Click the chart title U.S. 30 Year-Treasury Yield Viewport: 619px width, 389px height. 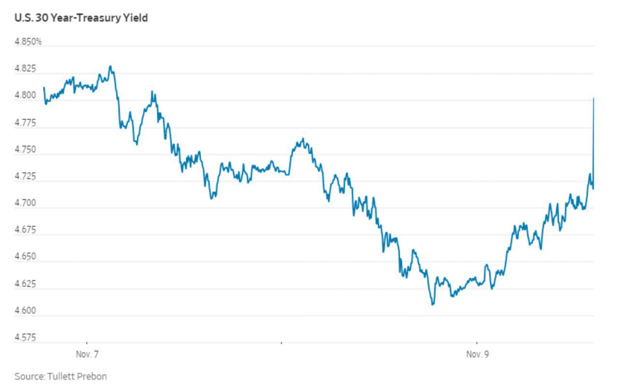tap(81, 18)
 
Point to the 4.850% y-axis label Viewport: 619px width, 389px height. tap(28, 42)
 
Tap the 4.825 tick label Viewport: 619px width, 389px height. tap(26, 69)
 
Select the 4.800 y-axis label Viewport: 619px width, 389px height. tap(26, 96)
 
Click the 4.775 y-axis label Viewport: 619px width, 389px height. tap(26, 123)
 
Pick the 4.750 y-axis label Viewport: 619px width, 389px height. tap(26, 150)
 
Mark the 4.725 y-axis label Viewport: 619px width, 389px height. tap(26, 177)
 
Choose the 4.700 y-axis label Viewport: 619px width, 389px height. tap(26, 203)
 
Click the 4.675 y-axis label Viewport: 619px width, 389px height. tap(26, 230)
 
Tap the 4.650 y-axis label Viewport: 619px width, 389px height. tap(26, 257)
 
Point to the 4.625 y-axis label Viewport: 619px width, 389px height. tap(26, 284)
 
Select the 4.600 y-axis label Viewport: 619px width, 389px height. tap(26, 311)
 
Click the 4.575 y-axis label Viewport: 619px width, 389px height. tap(26, 338)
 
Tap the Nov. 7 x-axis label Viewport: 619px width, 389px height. tap(87, 355)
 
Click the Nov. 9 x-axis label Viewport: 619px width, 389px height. tap(477, 355)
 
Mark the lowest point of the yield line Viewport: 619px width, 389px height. tap(432, 304)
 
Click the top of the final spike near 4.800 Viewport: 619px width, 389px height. tap(593, 98)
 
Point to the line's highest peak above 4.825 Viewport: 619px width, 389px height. tap(110, 66)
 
